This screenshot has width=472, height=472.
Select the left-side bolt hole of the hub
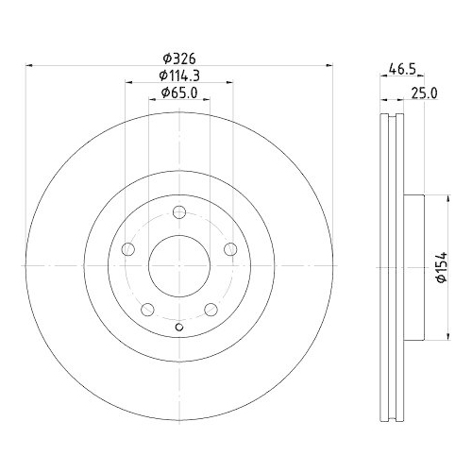tap(129, 249)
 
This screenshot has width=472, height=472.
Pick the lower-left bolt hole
tap(148, 309)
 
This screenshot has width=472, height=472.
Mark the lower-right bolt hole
tap(211, 309)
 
